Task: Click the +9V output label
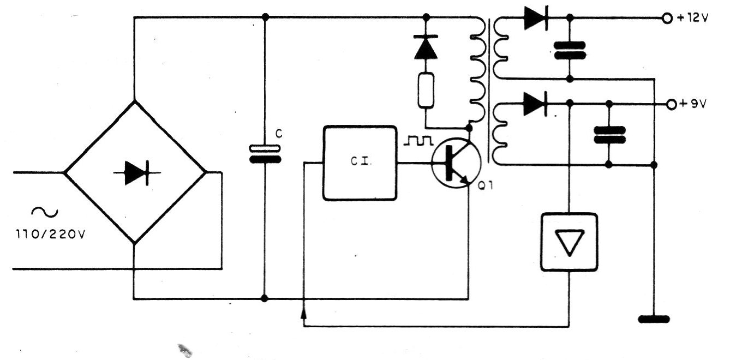[x=692, y=104]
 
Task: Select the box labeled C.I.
[x=360, y=163]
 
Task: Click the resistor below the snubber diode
[x=426, y=89]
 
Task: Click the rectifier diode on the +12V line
[x=535, y=19]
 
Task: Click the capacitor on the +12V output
[x=569, y=50]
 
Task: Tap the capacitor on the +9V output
[x=609, y=134]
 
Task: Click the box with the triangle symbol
[x=569, y=242]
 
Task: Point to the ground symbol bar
[x=654, y=319]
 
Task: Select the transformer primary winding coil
[x=477, y=71]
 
